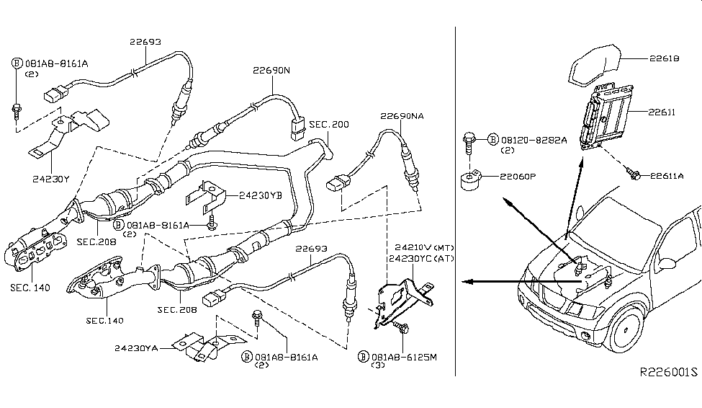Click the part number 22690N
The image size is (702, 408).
click(271, 71)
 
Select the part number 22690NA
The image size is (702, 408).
click(402, 115)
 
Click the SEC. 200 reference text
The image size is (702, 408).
click(329, 125)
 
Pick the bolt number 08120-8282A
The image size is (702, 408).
click(533, 139)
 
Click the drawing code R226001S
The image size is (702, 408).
click(668, 372)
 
